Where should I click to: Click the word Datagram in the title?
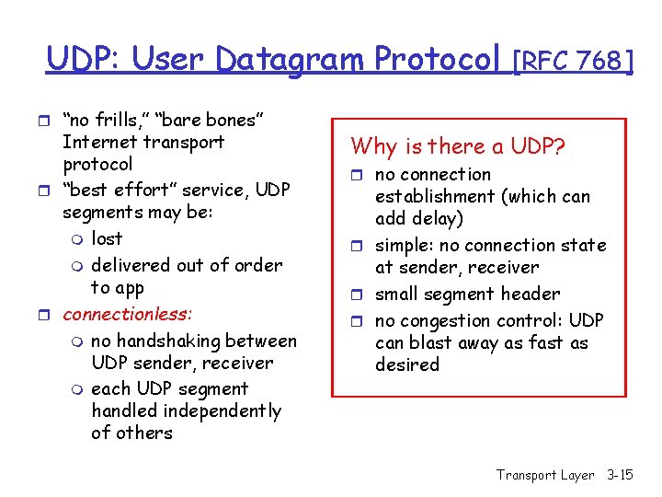(x=292, y=60)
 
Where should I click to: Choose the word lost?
(x=107, y=238)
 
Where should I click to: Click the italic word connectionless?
(x=128, y=314)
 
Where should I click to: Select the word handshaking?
(x=172, y=341)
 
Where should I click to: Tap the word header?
(x=527, y=294)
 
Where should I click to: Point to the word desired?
(x=407, y=364)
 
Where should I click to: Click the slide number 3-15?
(x=621, y=475)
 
